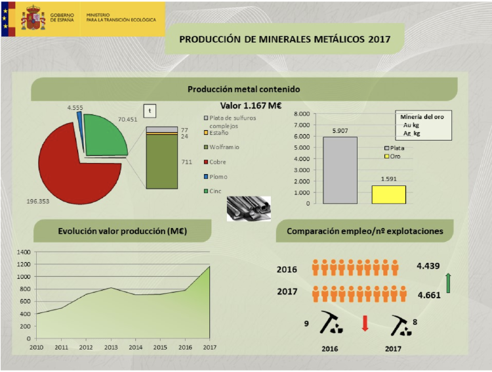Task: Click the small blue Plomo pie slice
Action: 79,121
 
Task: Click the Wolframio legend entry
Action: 224,147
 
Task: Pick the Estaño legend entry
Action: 219,133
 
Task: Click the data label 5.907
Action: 338,131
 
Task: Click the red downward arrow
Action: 365,323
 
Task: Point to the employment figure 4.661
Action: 429,295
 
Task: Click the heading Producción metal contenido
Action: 244,89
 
